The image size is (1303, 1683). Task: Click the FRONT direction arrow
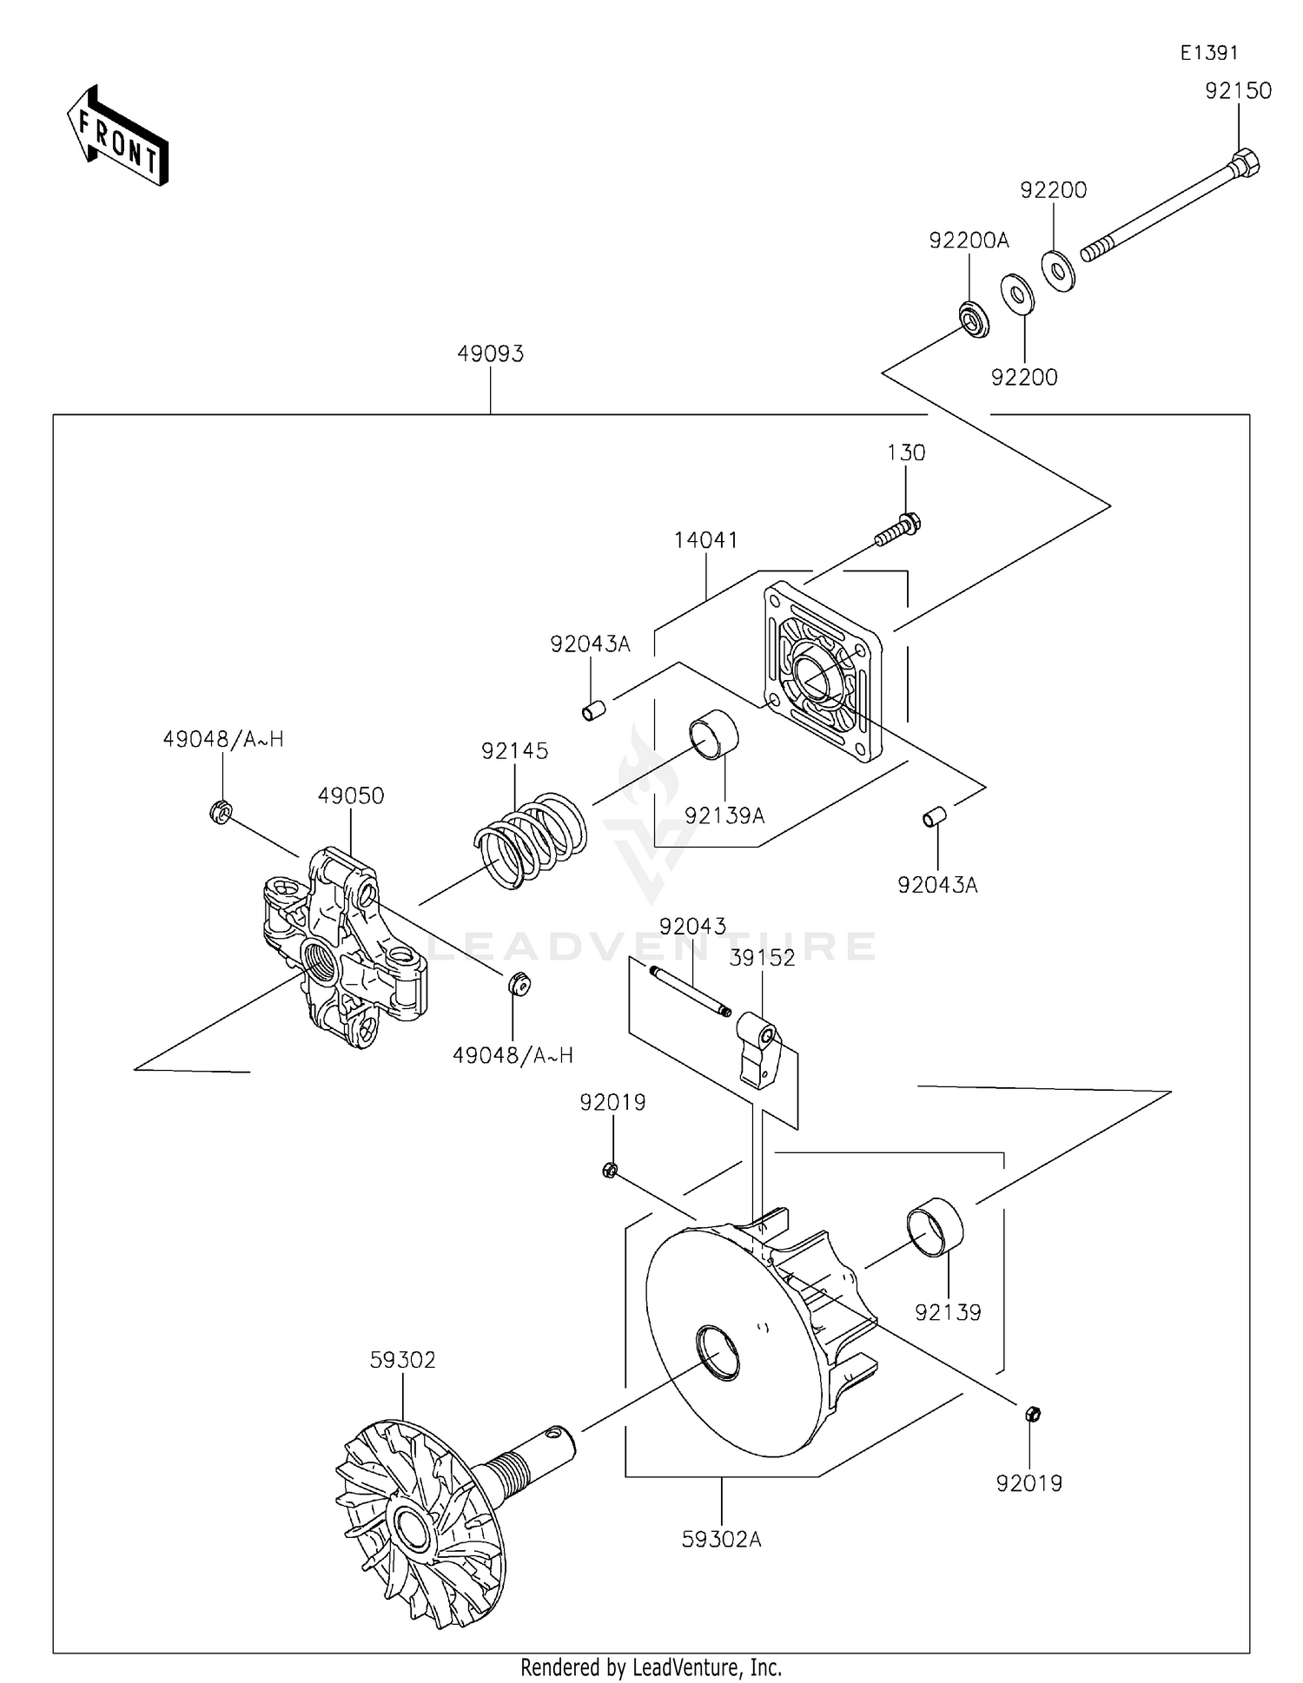click(x=117, y=138)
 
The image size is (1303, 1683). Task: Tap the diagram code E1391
click(x=1208, y=53)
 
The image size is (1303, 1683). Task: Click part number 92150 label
click(x=1237, y=91)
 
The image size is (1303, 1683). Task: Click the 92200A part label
click(x=969, y=241)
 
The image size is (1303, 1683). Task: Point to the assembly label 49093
click(x=491, y=354)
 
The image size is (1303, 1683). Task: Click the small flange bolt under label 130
click(x=898, y=530)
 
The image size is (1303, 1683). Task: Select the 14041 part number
click(x=705, y=540)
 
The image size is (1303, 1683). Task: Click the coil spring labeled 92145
click(x=531, y=838)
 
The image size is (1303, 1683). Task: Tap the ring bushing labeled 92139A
click(x=713, y=735)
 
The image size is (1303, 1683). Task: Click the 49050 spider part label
click(x=351, y=796)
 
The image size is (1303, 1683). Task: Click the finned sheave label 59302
click(x=402, y=1360)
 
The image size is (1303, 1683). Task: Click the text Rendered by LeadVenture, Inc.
click(x=651, y=1667)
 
